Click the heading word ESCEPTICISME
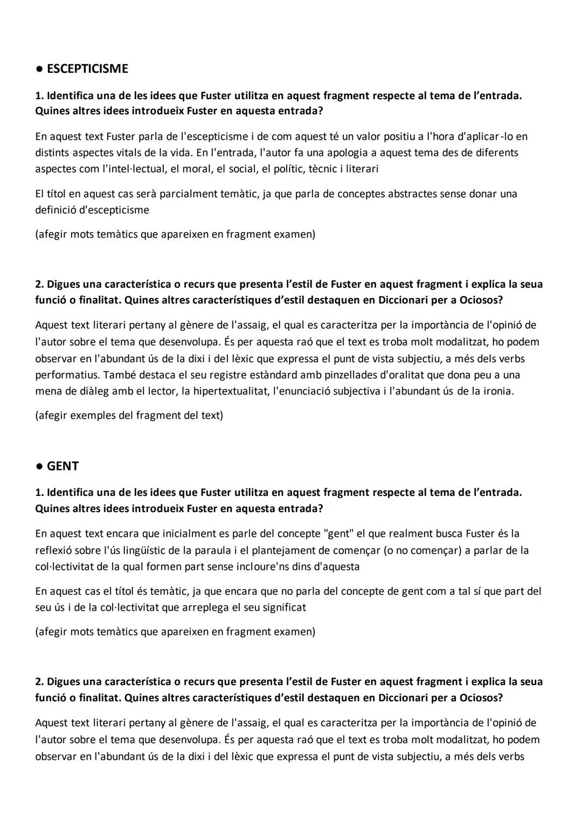pos(87,69)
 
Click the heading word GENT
pos(63,466)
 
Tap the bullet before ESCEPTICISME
pos(39,70)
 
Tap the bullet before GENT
pos(39,467)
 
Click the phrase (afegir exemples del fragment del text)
pos(129,416)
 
